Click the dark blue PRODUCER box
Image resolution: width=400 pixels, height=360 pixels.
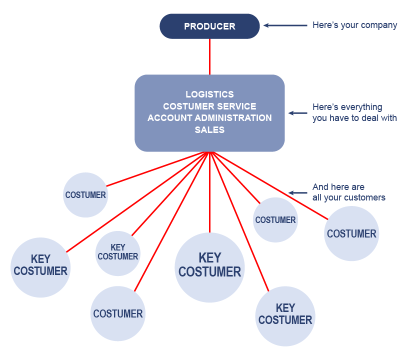pos(209,26)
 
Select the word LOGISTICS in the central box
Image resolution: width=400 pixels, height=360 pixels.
pos(209,94)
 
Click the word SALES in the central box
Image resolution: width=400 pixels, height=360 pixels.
pos(209,130)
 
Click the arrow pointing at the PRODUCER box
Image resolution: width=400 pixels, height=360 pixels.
pos(285,25)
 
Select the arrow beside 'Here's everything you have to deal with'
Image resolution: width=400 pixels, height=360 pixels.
pos(297,113)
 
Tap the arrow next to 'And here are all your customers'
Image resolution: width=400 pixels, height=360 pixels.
pos(297,192)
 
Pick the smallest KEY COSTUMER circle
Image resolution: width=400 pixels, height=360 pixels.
pos(118,253)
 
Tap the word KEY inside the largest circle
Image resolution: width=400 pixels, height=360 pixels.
pos(209,258)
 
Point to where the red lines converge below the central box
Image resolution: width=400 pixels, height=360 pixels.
pos(209,152)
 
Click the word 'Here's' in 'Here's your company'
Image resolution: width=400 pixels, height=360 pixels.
pos(324,25)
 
